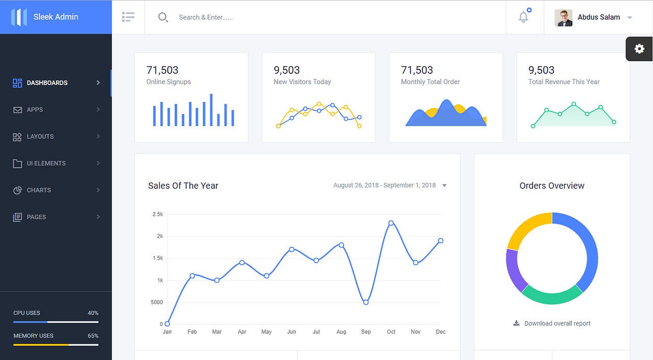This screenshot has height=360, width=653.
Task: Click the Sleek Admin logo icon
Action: (19, 17)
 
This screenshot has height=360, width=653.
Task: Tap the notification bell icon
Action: (523, 17)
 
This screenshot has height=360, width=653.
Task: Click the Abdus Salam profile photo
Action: (563, 17)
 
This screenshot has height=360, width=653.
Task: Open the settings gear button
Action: (639, 49)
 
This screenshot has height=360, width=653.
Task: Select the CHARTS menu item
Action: (39, 190)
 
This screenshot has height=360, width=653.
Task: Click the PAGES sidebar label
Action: (36, 217)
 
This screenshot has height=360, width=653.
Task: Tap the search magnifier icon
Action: (163, 17)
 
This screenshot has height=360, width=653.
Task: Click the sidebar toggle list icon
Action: (128, 17)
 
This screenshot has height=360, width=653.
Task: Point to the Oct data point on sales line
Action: (391, 223)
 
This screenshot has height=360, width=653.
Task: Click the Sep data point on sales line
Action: (366, 302)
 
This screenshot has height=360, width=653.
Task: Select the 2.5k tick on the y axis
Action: (157, 214)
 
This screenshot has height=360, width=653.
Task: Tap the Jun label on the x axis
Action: (291, 331)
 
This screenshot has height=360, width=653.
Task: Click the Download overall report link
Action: (557, 323)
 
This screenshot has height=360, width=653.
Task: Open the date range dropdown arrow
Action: (444, 186)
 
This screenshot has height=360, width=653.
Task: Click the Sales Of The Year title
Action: (183, 186)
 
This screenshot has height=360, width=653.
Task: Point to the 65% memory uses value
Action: (93, 336)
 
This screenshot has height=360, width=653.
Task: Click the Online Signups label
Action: (168, 82)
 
